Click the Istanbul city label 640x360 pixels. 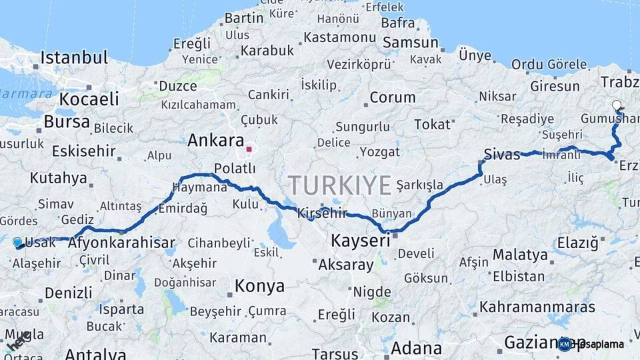tap(73, 57)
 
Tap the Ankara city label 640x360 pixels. tap(215, 141)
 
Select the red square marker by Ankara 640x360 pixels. tap(249, 149)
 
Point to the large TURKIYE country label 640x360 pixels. tap(339, 185)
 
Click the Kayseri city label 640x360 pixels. tap(361, 240)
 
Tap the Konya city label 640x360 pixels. tap(259, 286)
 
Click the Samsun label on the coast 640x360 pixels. tap(410, 43)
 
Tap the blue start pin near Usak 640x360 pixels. tap(17, 243)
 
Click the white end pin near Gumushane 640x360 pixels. tap(617, 105)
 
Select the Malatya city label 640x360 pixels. tap(520, 254)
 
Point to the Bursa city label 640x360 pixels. tap(67, 122)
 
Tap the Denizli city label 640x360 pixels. tap(68, 293)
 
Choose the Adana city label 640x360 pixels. tap(416, 348)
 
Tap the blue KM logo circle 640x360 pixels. tap(565, 343)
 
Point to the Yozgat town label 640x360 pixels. tap(379, 152)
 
